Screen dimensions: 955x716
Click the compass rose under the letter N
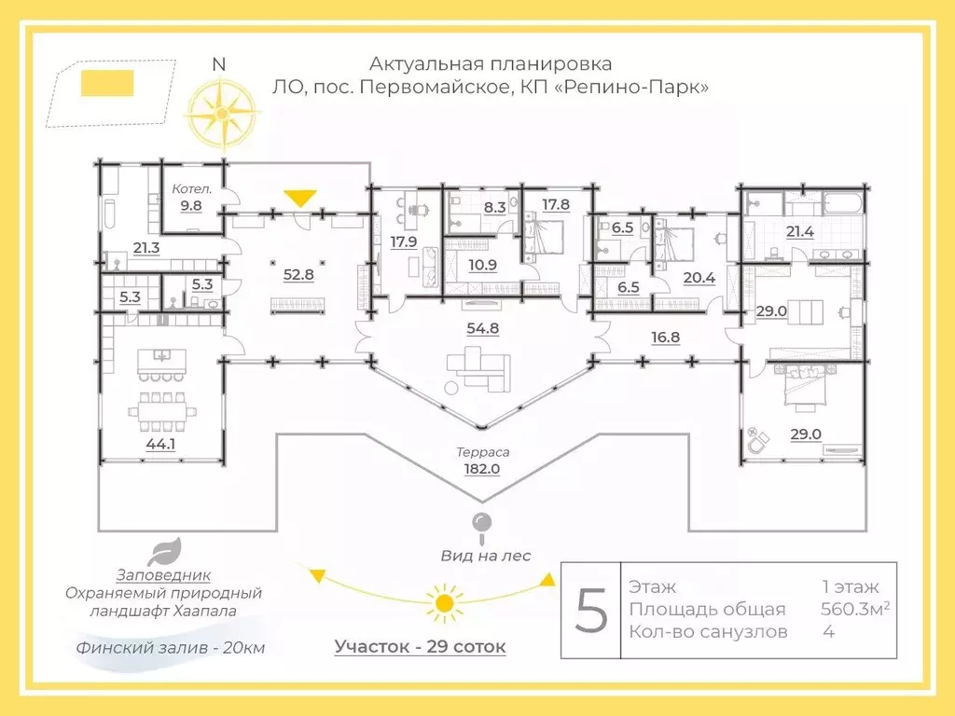pos(222,114)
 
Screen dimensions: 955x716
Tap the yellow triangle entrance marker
pos(300,199)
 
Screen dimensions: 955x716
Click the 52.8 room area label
pos(298,275)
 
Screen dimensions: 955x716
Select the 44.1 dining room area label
pos(160,445)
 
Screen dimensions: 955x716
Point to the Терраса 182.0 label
pos(482,461)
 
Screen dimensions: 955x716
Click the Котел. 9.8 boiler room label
pos(191,198)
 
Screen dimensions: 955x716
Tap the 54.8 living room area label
pos(483,329)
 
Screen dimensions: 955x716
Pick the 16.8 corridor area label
pos(665,337)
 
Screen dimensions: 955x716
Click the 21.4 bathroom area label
pos(799,232)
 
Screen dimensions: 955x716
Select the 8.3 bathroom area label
pos(494,208)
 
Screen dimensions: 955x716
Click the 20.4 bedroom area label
pos(699,278)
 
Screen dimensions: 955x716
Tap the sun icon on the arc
pos(445,603)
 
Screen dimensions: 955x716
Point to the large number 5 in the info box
pos(591,611)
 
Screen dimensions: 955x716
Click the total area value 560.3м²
pos(855,609)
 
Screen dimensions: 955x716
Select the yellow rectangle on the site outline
pos(107,83)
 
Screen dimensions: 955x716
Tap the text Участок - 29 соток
pos(421,647)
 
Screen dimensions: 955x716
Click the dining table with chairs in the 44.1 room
pos(162,411)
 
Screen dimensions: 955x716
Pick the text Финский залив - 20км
pos(171,648)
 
